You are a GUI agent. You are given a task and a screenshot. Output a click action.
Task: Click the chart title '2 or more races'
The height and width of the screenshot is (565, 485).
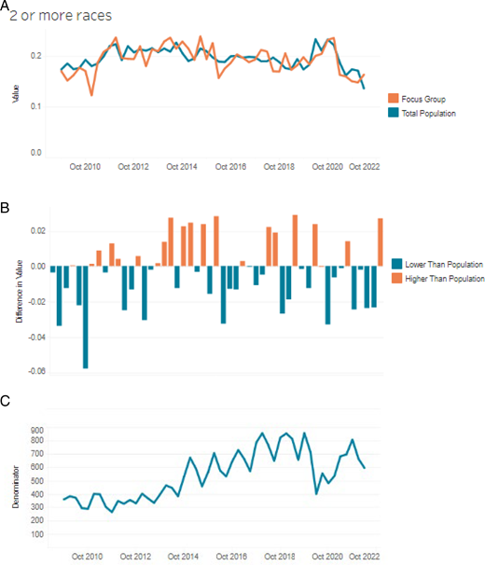(62, 16)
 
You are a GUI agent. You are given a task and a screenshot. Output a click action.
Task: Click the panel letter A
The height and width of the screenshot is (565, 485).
(6, 7)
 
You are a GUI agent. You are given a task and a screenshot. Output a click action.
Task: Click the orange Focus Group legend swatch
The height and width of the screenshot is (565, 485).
(393, 98)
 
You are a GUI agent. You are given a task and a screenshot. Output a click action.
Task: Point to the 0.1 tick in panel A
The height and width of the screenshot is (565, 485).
(35, 106)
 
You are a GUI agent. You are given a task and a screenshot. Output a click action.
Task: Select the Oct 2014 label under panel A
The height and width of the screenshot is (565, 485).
(182, 167)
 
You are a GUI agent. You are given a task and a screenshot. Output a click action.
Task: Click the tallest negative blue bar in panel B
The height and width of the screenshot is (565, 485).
(86, 317)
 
